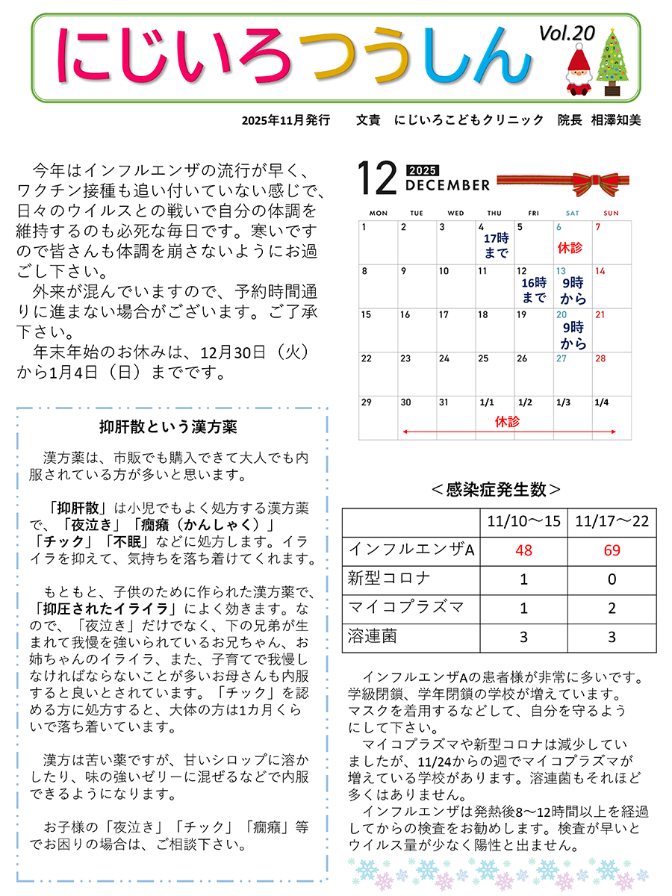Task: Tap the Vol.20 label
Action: pyautogui.click(x=567, y=33)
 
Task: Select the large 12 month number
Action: pyautogui.click(x=376, y=179)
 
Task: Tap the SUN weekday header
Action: pyautogui.click(x=611, y=213)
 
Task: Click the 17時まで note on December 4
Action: pyautogui.click(x=496, y=246)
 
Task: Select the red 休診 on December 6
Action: pyautogui.click(x=570, y=247)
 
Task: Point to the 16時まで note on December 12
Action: pyautogui.click(x=534, y=290)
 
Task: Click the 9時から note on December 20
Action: pyautogui.click(x=573, y=335)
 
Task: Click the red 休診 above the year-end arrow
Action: pyautogui.click(x=507, y=422)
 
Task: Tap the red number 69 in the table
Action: pyautogui.click(x=612, y=550)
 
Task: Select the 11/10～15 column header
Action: pyautogui.click(x=523, y=521)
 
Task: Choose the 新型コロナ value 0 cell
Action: pyautogui.click(x=612, y=579)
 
